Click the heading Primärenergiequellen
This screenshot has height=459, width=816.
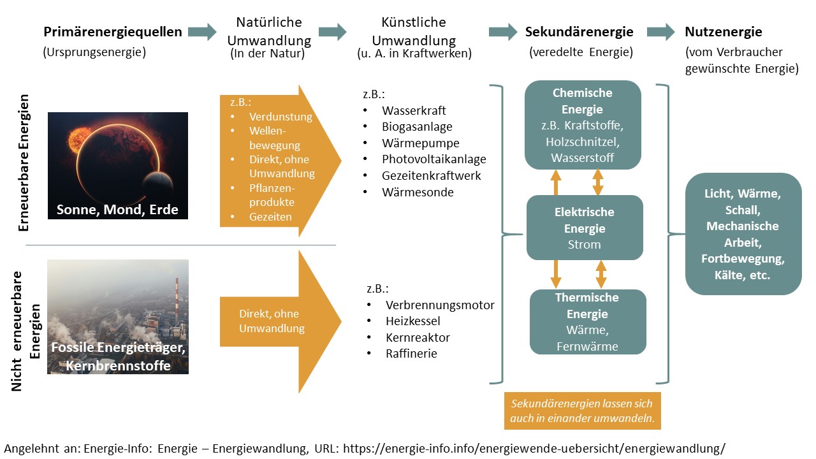pyautogui.click(x=112, y=32)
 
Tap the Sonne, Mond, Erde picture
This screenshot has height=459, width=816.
pyautogui.click(x=118, y=165)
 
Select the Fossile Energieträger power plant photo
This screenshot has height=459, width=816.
pyautogui.click(x=118, y=316)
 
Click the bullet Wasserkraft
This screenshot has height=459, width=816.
pyautogui.click(x=414, y=110)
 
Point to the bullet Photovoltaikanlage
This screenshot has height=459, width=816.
pyautogui.click(x=433, y=159)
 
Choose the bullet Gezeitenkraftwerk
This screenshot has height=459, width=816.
pyautogui.click(x=431, y=175)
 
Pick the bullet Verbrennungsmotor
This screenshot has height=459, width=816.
pyautogui.click(x=439, y=305)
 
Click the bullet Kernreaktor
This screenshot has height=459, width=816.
pyautogui.click(x=418, y=337)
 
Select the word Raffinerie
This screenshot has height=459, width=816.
pyautogui.click(x=411, y=353)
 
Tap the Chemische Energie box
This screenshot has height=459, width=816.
pyautogui.click(x=582, y=124)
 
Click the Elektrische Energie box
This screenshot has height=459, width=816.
pyautogui.click(x=585, y=228)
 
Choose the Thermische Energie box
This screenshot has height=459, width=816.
pyautogui.click(x=587, y=322)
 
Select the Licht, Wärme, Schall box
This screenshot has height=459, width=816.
pyautogui.click(x=743, y=234)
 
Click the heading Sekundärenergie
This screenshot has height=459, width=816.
pyautogui.click(x=579, y=32)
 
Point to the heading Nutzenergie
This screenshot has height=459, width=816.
pyautogui.click(x=723, y=32)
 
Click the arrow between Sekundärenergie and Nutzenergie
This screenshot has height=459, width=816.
pyautogui.click(x=660, y=32)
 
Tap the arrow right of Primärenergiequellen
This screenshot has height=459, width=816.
pyautogui.click(x=203, y=32)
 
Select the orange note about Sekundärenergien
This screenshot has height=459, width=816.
pyautogui.click(x=582, y=411)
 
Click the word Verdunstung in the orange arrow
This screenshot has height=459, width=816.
pyautogui.click(x=280, y=117)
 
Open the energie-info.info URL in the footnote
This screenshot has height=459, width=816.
pyautogui.click(x=534, y=448)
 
